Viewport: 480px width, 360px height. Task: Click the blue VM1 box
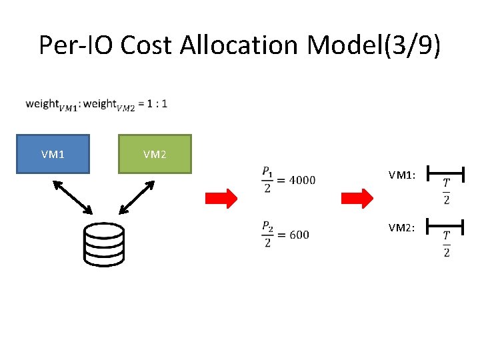click(53, 154)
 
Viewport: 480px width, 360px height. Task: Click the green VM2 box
click(155, 154)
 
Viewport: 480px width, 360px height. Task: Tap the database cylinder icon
click(104, 243)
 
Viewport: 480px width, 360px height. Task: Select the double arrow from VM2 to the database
click(136, 197)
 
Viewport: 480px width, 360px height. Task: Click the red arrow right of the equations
click(357, 199)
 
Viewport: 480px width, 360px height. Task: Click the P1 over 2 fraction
click(267, 180)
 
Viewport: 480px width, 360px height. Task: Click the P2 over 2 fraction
click(267, 235)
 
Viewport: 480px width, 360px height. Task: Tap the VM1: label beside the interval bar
click(403, 175)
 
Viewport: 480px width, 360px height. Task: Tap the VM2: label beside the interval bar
click(403, 228)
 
